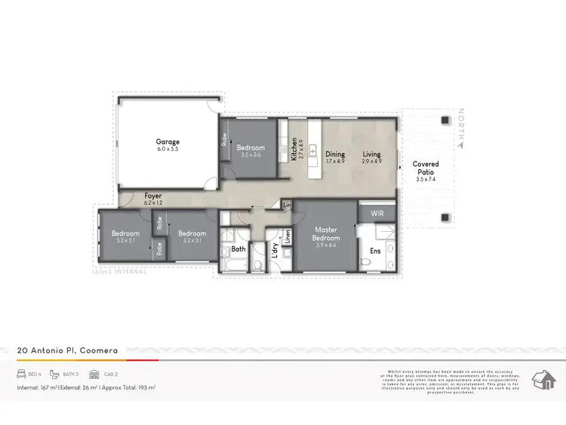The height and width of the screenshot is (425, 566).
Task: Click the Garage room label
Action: (x=168, y=141)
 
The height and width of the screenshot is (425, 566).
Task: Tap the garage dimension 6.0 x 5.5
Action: (x=168, y=149)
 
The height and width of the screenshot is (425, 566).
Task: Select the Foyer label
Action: (x=153, y=196)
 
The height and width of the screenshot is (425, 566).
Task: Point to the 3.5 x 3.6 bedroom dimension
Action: (x=250, y=155)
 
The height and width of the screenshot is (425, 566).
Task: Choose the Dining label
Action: (x=335, y=154)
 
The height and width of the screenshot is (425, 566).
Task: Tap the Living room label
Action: (x=371, y=154)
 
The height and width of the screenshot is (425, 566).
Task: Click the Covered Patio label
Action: (x=426, y=168)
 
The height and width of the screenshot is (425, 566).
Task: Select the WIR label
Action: (x=377, y=214)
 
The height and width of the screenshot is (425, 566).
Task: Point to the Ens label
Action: (x=375, y=249)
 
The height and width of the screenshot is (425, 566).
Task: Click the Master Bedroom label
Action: (x=326, y=233)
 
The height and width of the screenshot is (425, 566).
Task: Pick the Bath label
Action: (x=238, y=248)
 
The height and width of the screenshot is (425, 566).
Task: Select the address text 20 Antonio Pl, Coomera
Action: (x=67, y=350)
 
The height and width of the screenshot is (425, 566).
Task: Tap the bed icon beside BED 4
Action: (x=22, y=374)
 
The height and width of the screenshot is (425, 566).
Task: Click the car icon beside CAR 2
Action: (x=94, y=374)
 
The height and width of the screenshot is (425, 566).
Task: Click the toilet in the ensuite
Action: (x=365, y=261)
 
